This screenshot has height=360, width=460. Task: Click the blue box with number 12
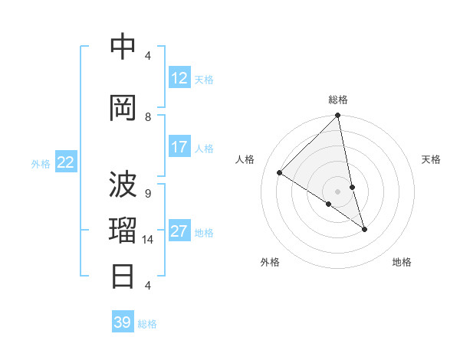point(179,78)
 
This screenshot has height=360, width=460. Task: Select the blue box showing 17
point(179,147)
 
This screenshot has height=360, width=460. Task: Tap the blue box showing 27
point(179,231)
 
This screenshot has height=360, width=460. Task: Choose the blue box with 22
point(66,162)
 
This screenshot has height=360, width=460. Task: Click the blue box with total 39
point(123,322)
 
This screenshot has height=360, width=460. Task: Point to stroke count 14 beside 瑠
point(148,240)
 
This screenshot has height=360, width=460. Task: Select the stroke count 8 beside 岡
point(148,116)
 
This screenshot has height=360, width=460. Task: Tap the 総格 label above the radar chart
point(338,100)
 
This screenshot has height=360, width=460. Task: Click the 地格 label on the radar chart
point(402,262)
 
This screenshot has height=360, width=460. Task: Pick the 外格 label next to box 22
point(41,163)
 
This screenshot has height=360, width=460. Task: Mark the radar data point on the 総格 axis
point(337,116)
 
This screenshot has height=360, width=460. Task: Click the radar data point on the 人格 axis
point(280,173)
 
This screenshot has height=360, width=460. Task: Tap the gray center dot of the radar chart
point(337,191)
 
